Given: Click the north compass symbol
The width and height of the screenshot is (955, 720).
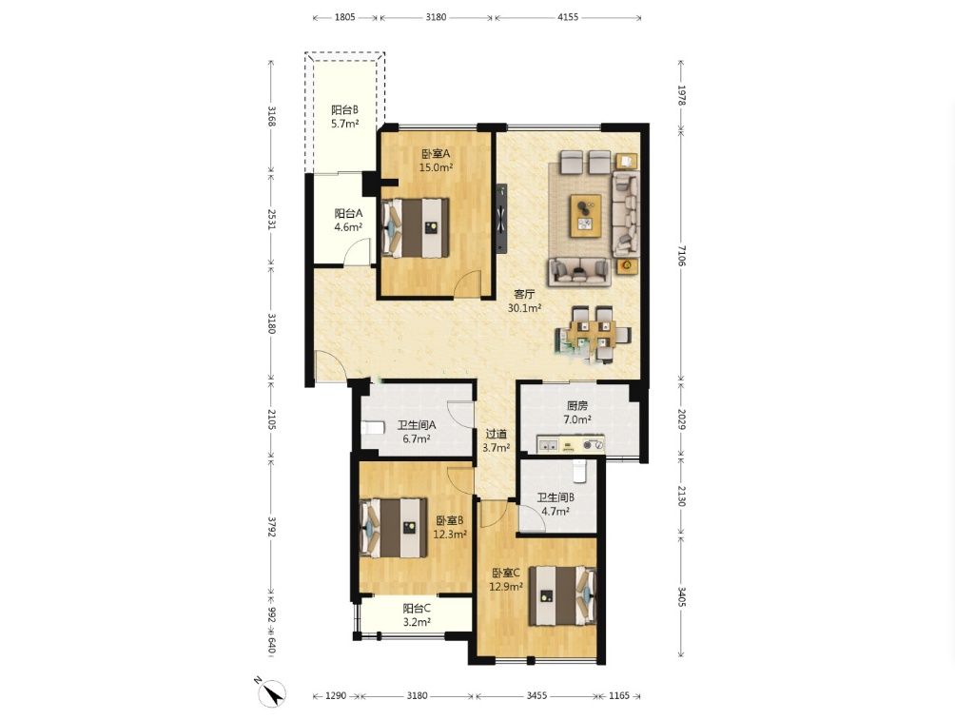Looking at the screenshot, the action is point(270,692).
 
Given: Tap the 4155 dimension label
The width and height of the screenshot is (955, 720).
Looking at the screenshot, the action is point(568,17).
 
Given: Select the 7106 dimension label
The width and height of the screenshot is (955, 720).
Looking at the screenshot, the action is point(681,256).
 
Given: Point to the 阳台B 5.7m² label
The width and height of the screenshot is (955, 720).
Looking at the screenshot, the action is point(344,117).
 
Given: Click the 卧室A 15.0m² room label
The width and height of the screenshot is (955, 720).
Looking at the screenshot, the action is point(436,161).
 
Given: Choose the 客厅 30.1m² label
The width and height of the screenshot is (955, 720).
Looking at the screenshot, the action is point(524,301).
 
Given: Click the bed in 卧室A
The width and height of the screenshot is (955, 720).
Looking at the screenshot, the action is point(416,228).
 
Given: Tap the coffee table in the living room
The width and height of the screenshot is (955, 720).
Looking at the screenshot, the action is point(586,216).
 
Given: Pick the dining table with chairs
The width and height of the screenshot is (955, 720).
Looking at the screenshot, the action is point(594,334).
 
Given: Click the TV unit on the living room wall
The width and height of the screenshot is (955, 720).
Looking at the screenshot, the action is point(501,218).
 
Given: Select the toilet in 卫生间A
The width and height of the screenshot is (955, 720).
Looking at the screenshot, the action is point(373,427).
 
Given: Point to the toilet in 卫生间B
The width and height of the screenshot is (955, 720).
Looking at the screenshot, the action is point(580,470).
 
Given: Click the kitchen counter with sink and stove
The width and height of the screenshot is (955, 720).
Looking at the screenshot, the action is point(571,445).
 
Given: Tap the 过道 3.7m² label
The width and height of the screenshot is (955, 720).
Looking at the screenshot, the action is point(496,441).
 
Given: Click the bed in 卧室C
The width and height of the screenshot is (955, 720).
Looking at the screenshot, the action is point(562,595).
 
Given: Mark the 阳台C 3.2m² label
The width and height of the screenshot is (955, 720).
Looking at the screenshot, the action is point(417,615).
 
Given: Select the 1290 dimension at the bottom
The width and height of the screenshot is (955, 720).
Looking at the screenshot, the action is point(336,695).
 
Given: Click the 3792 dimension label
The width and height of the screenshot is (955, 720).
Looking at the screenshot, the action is point(272,526).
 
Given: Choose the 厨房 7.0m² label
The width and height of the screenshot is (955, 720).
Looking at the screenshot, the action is point(576,413).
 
